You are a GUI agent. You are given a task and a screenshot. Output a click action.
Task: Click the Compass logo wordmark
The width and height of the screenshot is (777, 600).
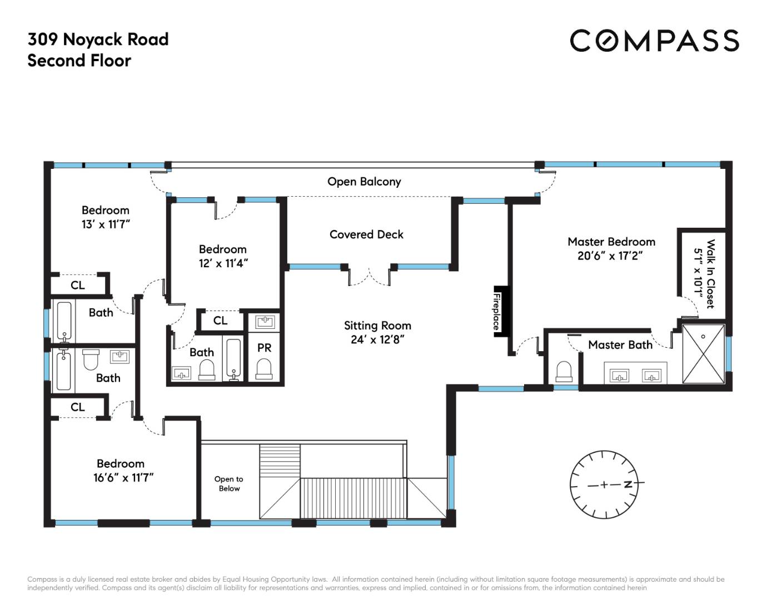[654, 41]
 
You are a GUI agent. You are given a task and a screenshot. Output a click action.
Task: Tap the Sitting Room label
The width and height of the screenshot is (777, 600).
[377, 326]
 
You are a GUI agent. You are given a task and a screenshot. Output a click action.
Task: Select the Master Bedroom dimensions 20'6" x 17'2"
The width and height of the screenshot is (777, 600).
[610, 256]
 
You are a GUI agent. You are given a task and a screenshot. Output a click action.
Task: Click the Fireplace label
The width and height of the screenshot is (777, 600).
[496, 312]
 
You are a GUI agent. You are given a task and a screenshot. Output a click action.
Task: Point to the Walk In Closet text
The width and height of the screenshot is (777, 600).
[710, 274]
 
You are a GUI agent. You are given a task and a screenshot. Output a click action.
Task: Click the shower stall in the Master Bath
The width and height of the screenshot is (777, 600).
[703, 354]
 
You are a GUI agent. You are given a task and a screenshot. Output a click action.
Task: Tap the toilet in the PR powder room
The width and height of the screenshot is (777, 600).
[264, 369]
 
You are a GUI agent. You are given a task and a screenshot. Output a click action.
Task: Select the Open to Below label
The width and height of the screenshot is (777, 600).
[229, 483]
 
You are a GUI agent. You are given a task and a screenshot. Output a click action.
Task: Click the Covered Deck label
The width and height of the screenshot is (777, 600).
[366, 234]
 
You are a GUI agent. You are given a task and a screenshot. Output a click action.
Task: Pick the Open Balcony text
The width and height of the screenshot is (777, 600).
[364, 182]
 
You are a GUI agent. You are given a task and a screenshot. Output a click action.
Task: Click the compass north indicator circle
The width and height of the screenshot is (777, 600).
[604, 484]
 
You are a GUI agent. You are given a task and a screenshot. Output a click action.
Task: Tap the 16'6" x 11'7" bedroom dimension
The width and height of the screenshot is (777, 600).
[123, 478]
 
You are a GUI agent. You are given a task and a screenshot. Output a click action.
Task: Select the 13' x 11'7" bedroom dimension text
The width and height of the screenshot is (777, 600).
[106, 224]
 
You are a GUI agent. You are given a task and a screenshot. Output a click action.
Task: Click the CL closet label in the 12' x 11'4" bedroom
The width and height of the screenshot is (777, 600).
[220, 321]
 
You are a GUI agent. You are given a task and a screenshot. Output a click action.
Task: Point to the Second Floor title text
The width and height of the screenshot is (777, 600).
[79, 61]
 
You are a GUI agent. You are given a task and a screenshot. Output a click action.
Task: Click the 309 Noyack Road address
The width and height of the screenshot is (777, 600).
[98, 39]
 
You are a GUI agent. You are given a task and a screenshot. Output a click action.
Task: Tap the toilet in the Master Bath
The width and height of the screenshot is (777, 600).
[564, 372]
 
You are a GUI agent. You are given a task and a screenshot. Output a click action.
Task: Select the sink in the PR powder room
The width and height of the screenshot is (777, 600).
[265, 322]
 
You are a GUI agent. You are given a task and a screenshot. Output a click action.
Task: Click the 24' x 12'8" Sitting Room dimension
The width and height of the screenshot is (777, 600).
[377, 339]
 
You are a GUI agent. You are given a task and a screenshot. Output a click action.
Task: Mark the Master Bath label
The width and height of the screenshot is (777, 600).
[620, 345]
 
